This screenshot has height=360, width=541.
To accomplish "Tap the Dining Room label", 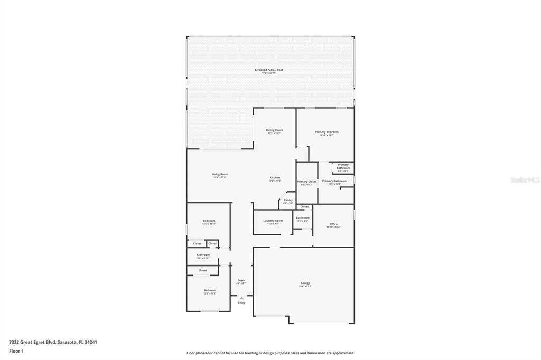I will tap(274, 130).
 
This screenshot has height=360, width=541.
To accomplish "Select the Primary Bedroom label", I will tap(327, 132).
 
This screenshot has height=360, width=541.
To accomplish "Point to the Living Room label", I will tap(220, 174).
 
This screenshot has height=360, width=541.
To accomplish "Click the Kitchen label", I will tap(275, 178).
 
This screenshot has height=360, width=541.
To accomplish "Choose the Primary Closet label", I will tap(306, 182).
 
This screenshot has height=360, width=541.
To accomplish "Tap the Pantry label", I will tap(288, 200).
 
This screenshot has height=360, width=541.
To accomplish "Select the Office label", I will tap(333, 224).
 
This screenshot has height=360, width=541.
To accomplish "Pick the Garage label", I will tap(305, 283).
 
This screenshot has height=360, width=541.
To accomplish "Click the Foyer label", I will tap(241, 280).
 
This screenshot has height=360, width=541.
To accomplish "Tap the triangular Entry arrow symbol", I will tap(242, 298).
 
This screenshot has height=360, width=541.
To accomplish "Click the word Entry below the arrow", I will tap(242, 303).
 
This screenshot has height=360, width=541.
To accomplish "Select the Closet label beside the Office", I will tap(304, 207).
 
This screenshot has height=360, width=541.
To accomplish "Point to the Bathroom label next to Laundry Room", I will tap(303, 218).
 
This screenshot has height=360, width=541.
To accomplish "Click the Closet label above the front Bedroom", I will tap(203, 270).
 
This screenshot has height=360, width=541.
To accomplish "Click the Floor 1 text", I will tap(16, 350).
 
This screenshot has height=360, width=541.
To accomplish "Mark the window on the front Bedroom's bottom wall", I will tap(210, 311).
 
